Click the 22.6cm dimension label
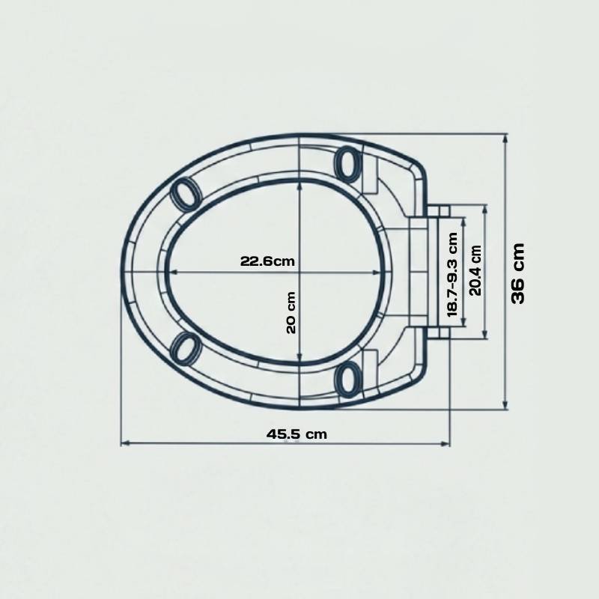267,261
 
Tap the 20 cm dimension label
291,312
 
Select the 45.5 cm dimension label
297,434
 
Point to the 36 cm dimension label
518,273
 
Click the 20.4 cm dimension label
475,270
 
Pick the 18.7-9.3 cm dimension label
452,274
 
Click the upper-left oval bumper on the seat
186,194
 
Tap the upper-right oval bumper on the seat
347,163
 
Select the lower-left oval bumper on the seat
186,348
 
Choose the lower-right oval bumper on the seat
347,380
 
